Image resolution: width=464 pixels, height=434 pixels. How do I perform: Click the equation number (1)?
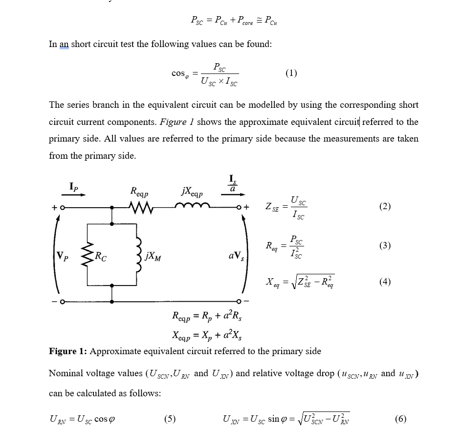[291, 73]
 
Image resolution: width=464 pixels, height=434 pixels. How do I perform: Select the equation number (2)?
[385, 206]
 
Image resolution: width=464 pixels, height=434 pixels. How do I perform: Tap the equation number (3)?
[385, 245]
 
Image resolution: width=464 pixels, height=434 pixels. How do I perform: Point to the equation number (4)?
[385, 282]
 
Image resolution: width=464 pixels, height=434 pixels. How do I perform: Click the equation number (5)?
[170, 419]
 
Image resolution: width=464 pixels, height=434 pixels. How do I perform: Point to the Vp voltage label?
[62, 255]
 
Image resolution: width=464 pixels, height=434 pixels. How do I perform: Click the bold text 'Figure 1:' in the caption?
[68, 351]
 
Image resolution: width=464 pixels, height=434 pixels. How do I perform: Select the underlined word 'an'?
[64, 44]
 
